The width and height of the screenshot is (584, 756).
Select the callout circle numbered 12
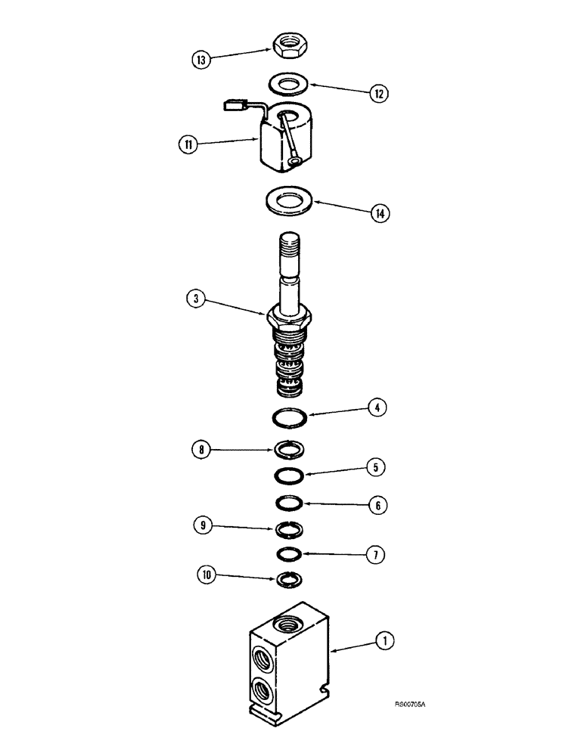(x=377, y=94)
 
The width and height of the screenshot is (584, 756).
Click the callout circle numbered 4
(x=377, y=408)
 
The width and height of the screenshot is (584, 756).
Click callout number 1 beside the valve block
(x=387, y=642)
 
